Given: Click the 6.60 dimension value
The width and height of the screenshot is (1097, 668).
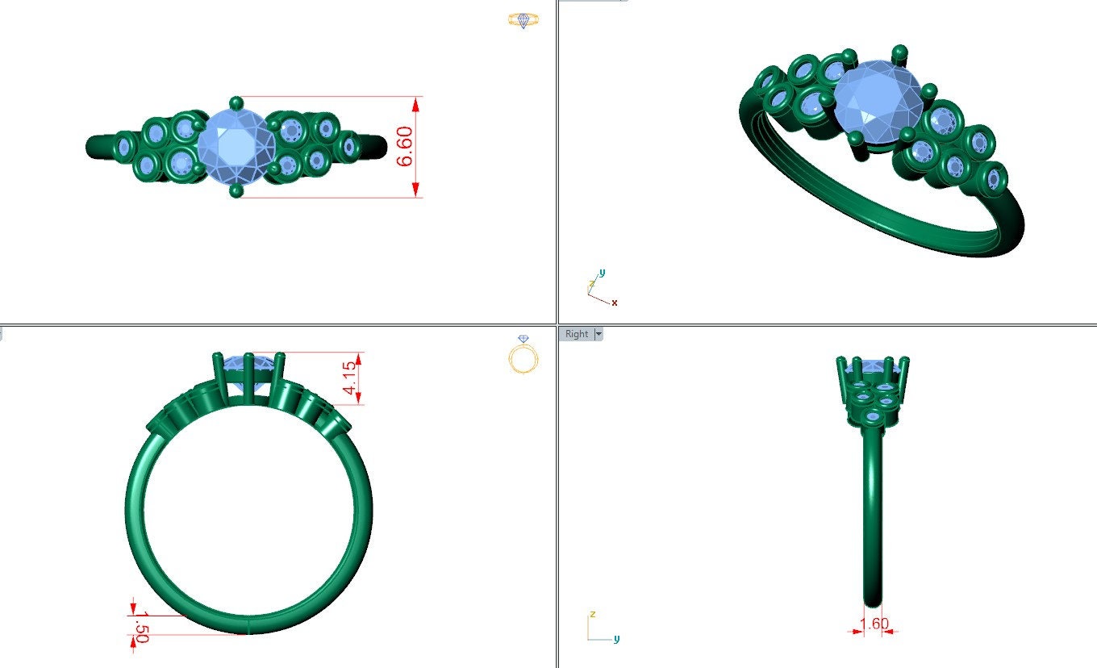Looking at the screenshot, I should tap(405, 147).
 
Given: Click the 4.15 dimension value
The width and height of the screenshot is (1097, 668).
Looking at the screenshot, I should tap(349, 378).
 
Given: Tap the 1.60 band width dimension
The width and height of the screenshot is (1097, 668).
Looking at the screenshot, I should tap(874, 624).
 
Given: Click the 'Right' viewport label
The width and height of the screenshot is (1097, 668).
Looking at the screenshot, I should tap(577, 334).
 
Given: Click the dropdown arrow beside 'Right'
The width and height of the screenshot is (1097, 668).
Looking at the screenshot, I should tap(598, 334).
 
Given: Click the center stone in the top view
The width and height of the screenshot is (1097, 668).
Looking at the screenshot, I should tap(236, 147).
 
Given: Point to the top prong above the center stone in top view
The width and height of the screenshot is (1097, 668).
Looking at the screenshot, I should tap(236, 102).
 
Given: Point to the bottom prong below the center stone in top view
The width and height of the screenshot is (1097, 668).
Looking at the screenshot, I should tap(236, 191).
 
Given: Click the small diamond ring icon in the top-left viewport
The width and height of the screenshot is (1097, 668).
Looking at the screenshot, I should tap(523, 20).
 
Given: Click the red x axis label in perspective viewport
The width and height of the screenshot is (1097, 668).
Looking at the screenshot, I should tap(615, 303).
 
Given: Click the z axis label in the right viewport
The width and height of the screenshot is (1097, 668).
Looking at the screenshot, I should tap(592, 614).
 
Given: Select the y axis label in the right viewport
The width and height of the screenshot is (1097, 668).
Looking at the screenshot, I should tap(616, 639).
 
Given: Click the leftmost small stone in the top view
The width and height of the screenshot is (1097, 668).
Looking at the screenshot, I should tap(124, 147).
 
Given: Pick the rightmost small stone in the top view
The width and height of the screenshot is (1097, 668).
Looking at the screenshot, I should tap(349, 148).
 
